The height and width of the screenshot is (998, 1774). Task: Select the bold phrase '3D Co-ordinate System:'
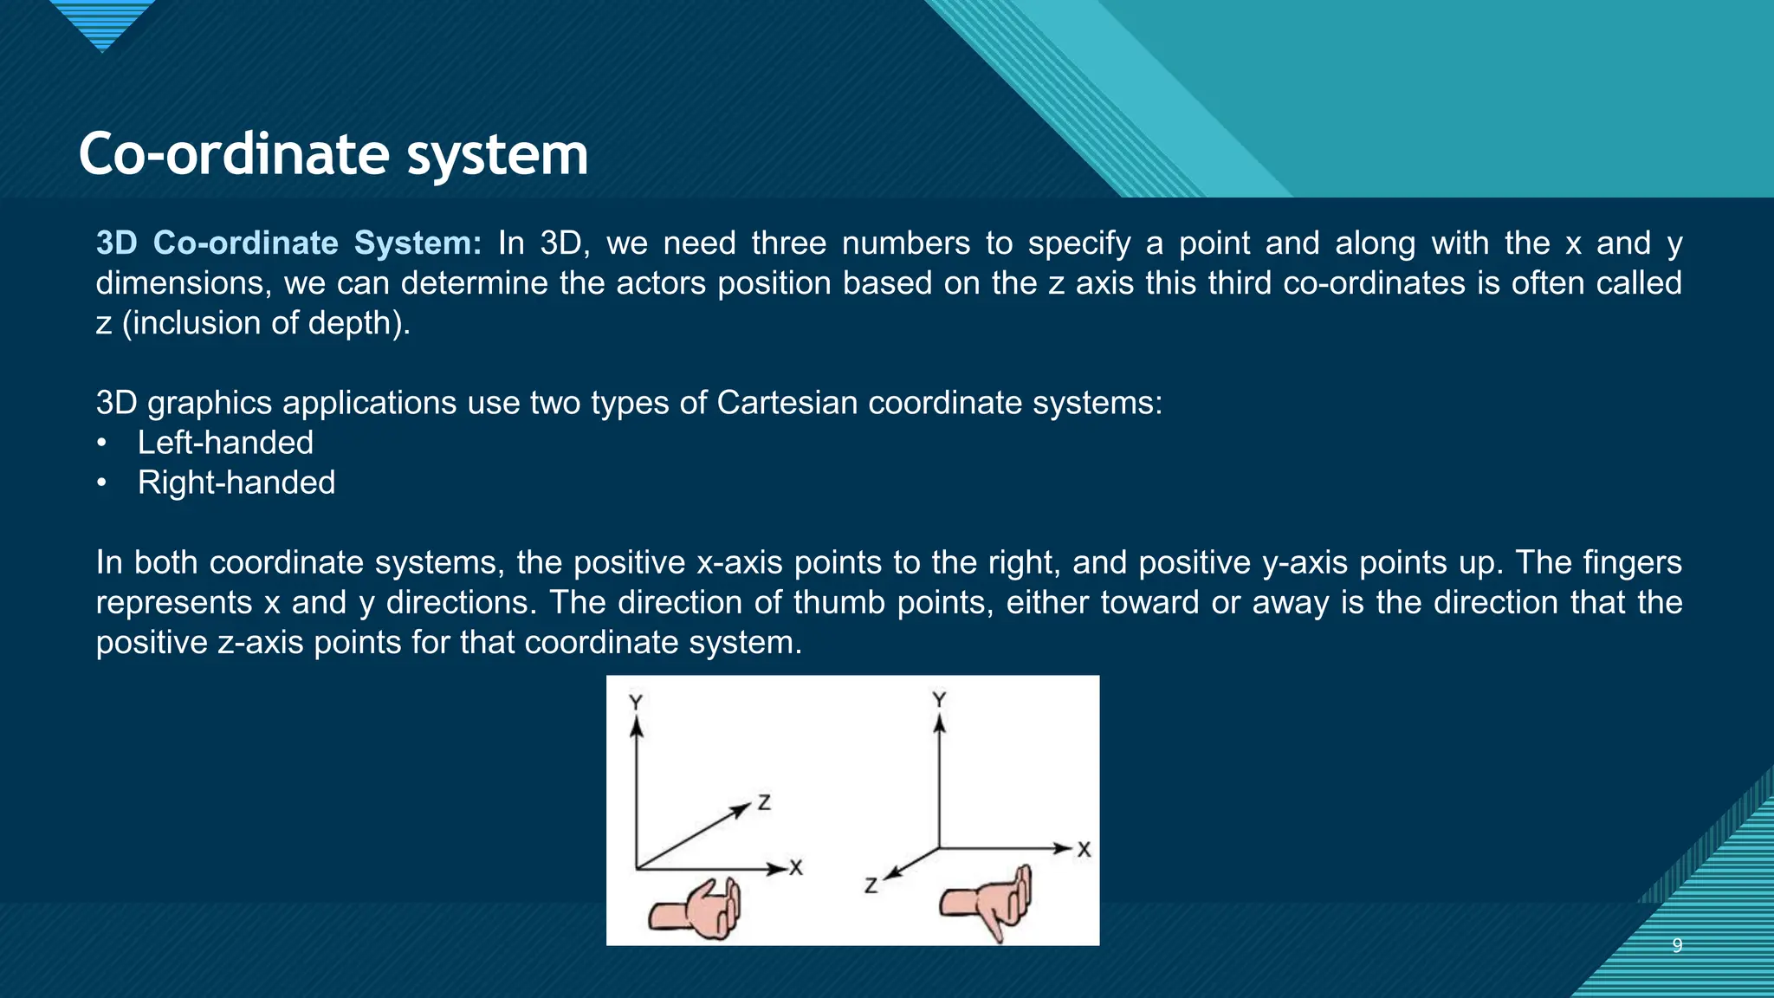(x=288, y=243)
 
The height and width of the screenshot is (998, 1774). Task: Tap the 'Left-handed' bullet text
(x=225, y=443)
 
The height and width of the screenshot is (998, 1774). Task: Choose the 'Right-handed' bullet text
(x=236, y=483)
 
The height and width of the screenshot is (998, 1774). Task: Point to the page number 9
(x=1677, y=945)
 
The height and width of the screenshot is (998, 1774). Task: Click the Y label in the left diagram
(x=636, y=702)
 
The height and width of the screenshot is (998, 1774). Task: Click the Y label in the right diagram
(x=939, y=699)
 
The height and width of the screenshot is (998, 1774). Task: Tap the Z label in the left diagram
(x=764, y=802)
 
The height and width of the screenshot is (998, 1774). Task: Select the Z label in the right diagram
(x=871, y=885)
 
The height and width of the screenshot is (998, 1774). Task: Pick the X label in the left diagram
(x=796, y=867)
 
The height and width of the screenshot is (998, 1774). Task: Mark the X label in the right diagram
(x=1084, y=850)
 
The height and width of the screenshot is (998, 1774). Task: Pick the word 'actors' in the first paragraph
(x=661, y=283)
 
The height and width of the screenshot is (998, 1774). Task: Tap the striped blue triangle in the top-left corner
(x=102, y=23)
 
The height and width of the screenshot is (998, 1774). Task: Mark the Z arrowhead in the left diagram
(x=741, y=809)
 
